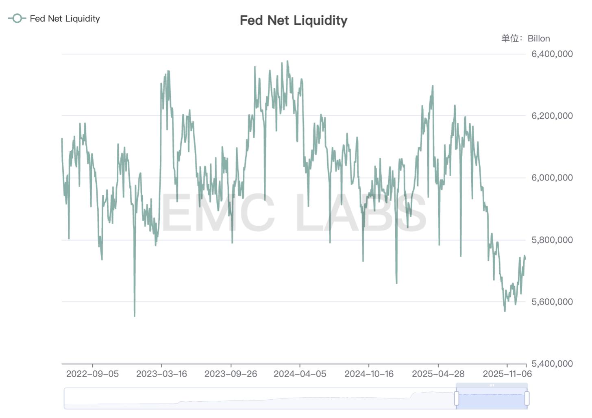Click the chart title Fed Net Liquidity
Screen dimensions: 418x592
294,20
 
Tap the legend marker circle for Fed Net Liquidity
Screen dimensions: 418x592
17,18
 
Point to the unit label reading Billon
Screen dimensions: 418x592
538,39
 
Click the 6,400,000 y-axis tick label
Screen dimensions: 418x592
552,54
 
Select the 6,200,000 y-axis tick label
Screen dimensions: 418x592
552,116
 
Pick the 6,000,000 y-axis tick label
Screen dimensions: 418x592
552,178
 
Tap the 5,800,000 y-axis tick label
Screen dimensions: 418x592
552,240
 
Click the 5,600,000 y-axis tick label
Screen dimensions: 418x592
552,302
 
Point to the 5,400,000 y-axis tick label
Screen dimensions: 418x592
552,364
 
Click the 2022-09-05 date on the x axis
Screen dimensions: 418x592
92,374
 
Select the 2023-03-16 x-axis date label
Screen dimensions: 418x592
161,374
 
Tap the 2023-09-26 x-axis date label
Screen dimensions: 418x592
231,374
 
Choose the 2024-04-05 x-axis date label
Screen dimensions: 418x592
300,374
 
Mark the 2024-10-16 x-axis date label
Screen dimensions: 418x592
369,374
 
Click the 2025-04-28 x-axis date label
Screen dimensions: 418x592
438,374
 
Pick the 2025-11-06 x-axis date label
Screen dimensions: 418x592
507,374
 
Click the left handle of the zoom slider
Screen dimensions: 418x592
457,398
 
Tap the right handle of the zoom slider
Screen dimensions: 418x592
527,398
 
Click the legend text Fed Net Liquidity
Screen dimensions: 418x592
65,19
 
